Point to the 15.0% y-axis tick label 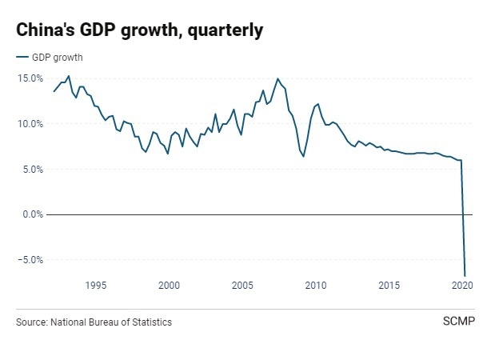tap(30, 78)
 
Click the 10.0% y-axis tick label tap(30, 124)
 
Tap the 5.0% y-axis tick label tap(33, 169)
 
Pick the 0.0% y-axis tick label tap(33, 214)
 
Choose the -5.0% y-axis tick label tap(31, 260)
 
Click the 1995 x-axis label tap(95, 286)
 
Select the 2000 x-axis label tap(169, 286)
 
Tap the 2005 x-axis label tap(242, 286)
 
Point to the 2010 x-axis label tap(316, 286)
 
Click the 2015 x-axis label tap(389, 286)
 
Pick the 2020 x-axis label tap(461, 286)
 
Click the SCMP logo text tap(458, 322)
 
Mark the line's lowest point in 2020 tap(465, 276)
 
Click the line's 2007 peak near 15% tap(277, 78)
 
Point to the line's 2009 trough tap(303, 156)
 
